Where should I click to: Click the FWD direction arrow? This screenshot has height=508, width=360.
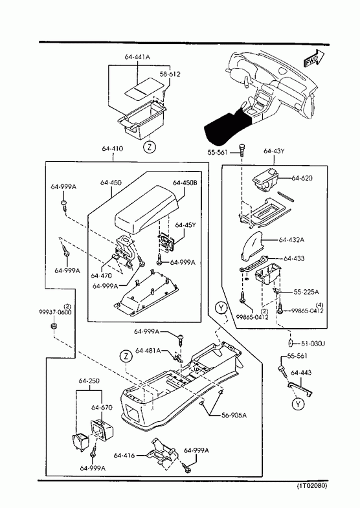[x=314, y=58]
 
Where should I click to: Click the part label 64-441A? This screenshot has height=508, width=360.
[x=137, y=57]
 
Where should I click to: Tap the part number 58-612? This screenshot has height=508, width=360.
[x=170, y=74]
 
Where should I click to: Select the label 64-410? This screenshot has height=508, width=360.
[x=113, y=149]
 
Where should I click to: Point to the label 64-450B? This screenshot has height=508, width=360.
[x=185, y=182]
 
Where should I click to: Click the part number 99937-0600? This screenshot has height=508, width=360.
[x=55, y=312]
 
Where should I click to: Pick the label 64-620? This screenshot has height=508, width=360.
[x=302, y=178]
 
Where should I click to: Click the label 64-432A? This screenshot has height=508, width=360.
[x=291, y=239]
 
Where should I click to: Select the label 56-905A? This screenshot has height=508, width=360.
[x=234, y=415]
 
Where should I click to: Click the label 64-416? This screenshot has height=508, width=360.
[x=124, y=455]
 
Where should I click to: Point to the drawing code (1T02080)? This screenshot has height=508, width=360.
[x=312, y=485]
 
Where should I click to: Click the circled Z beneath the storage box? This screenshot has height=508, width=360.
[x=150, y=147]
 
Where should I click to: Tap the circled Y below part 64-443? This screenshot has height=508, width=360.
[x=298, y=404]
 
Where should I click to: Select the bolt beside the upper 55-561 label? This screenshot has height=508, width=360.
[x=242, y=150]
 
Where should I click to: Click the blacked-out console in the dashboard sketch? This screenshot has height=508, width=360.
[x=227, y=126]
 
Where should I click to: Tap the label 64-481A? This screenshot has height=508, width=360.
[x=148, y=351]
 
